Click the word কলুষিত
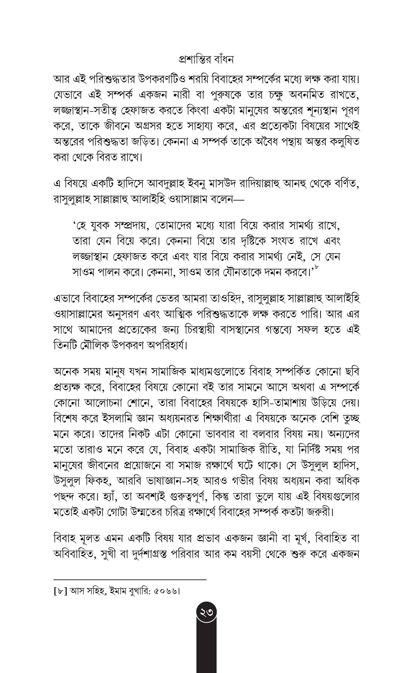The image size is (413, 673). [344, 142]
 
